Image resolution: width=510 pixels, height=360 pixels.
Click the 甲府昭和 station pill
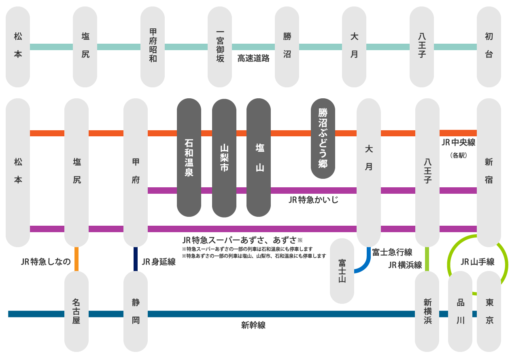pyautogui.click(x=153, y=47)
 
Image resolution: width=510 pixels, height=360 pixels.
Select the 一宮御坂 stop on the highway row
pyautogui.click(x=220, y=47)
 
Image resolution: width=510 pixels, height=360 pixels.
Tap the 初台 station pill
pyautogui.click(x=489, y=47)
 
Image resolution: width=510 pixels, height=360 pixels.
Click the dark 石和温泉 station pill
pyautogui.click(x=189, y=157)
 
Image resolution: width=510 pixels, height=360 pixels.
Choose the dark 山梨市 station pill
pyautogui.click(x=224, y=157)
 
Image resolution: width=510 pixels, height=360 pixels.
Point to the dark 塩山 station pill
pyautogui.click(x=259, y=157)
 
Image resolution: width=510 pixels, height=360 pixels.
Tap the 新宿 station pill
pyautogui.click(x=489, y=172)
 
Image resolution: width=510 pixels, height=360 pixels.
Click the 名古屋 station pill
pyautogui.click(x=76, y=311)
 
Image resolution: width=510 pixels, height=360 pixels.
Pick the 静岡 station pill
pyautogui.click(x=136, y=311)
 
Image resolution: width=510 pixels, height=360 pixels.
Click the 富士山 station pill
pyautogui.click(x=342, y=271)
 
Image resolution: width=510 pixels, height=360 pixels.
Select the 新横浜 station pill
pyautogui.click(x=427, y=311)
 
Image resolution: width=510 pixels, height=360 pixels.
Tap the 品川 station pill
pyautogui.click(x=460, y=311)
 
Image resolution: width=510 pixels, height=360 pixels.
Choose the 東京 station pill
pyautogui.click(x=489, y=311)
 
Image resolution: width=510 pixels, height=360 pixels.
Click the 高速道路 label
pyautogui.click(x=253, y=58)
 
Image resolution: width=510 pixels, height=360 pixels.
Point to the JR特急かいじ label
pyautogui.click(x=313, y=200)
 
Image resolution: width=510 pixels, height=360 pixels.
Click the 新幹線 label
pyautogui.click(x=253, y=325)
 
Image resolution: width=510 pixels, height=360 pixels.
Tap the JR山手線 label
pyautogui.click(x=478, y=262)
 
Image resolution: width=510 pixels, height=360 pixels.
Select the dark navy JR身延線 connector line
pyautogui.click(x=136, y=259)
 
